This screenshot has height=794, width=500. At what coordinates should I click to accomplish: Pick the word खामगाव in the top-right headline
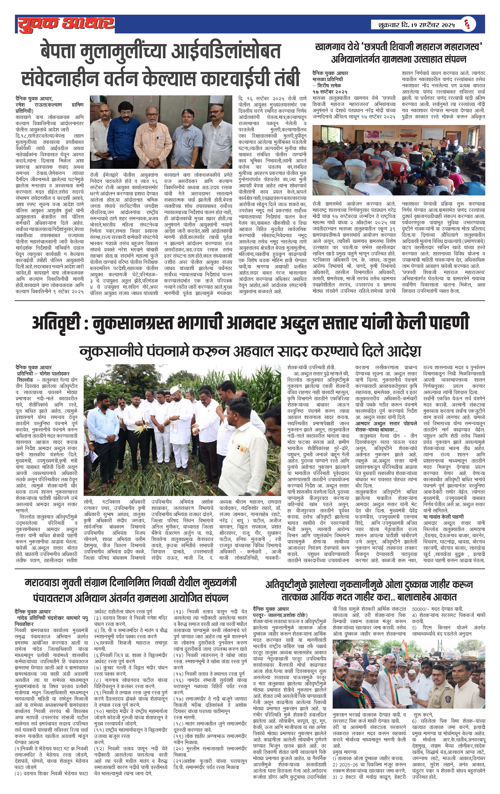[x=330, y=47]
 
